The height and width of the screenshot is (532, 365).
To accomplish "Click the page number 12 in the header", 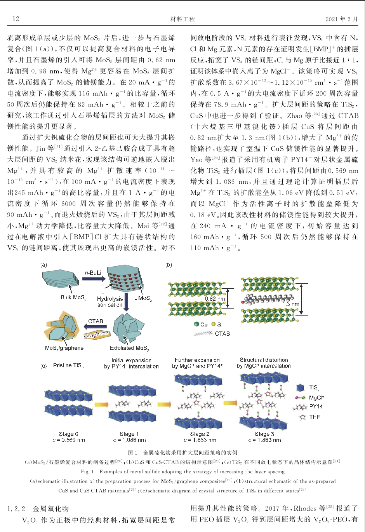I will pyautogui.click(x=16, y=19).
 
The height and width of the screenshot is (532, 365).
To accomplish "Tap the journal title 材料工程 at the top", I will pyautogui.click(x=182, y=19).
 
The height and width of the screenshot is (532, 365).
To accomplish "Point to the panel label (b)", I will pyautogui.click(x=169, y=265).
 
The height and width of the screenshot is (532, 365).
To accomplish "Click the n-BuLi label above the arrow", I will pyautogui.click(x=93, y=272).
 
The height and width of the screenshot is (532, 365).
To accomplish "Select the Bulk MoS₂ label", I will pyautogui.click(x=73, y=298).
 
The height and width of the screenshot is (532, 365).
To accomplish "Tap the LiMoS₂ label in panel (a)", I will pyautogui.click(x=143, y=298).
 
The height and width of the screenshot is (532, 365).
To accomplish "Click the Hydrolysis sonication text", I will pyautogui.click(x=110, y=302).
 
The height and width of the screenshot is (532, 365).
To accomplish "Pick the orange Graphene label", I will pyautogui.click(x=97, y=334).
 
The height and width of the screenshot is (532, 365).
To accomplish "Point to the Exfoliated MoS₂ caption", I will pyautogui.click(x=129, y=348).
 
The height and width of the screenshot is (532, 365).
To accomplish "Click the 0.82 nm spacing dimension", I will pyautogui.click(x=216, y=299).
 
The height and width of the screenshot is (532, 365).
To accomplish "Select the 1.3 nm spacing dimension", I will pyautogui.click(x=291, y=304).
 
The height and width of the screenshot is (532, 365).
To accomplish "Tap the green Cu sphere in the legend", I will pyautogui.click(x=196, y=324).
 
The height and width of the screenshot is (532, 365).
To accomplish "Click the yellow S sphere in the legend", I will pyautogui.click(x=213, y=324).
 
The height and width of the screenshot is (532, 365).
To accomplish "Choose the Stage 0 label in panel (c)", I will pyautogui.click(x=68, y=434).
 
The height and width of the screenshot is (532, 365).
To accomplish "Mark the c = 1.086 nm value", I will pyautogui.click(x=129, y=440).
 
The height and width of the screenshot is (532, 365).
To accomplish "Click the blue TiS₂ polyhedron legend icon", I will pyautogui.click(x=300, y=388).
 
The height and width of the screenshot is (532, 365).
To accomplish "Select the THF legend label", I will pyautogui.click(x=315, y=417).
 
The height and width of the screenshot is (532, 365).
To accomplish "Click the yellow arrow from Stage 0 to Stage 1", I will pyautogui.click(x=101, y=405).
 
